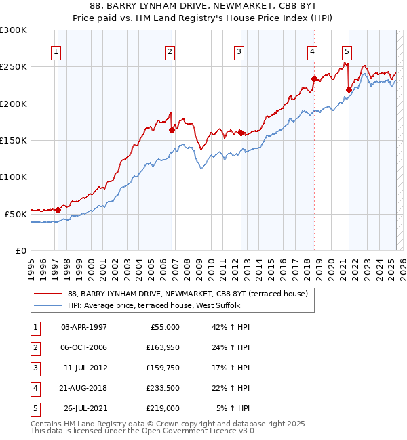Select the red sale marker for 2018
click(314, 79)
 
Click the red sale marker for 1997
click(58, 210)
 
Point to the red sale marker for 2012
click(241, 133)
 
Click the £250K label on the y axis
click(13, 67)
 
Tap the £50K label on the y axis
click(15, 213)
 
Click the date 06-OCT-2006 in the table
click(84, 348)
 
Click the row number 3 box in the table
click(33, 368)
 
